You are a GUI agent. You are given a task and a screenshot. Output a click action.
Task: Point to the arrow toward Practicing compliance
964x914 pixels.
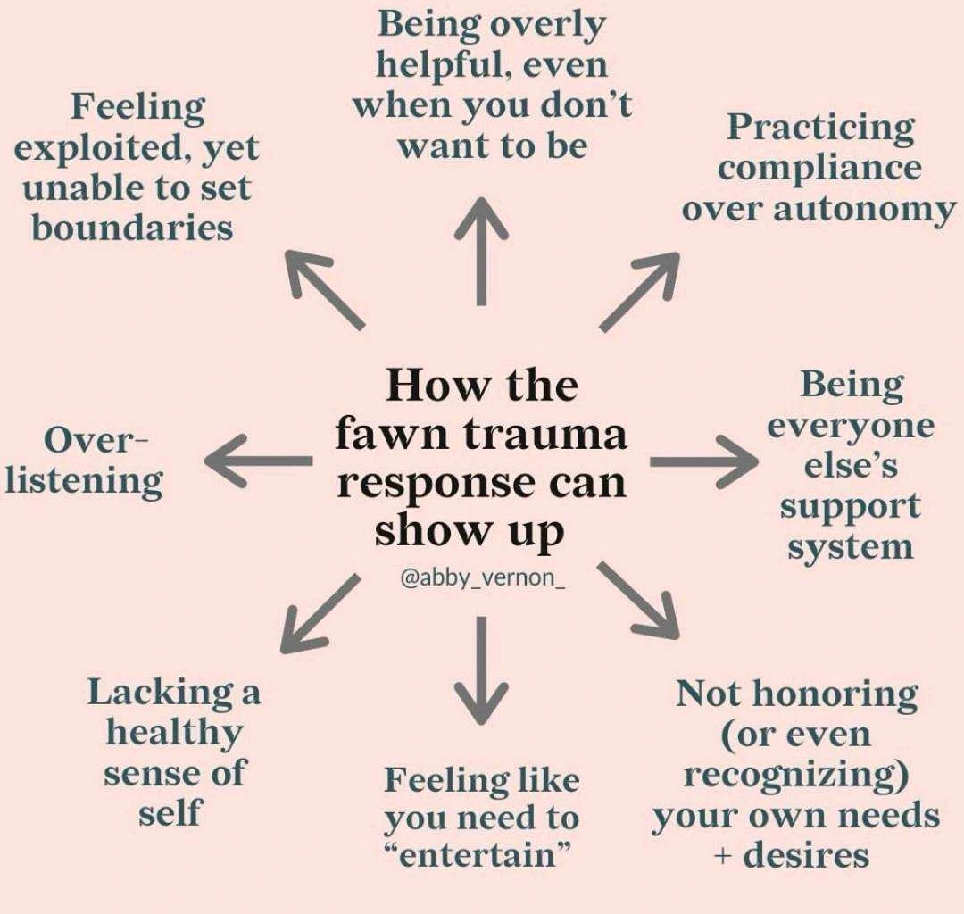(x=639, y=291)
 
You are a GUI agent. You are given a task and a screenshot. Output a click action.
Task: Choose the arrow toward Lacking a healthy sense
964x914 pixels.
(x=321, y=612)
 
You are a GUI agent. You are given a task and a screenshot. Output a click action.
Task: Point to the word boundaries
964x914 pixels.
(x=132, y=228)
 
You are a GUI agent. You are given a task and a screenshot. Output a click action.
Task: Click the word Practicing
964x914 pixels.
(x=820, y=127)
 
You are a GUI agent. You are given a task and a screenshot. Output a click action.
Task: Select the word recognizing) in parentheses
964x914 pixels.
(x=795, y=776)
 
